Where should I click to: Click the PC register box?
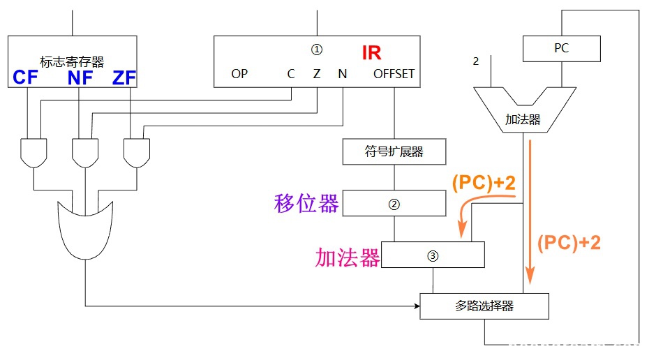tap(561, 48)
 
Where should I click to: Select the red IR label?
tap(371, 52)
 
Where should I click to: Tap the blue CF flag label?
tap(25, 77)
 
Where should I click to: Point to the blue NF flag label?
tap(80, 77)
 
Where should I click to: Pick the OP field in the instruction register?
tap(239, 73)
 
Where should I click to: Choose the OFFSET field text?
tap(394, 73)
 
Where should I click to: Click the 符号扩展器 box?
tap(394, 151)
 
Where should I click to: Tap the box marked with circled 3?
tap(433, 255)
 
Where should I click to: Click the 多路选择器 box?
tap(484, 306)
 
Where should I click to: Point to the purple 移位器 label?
tap(306, 204)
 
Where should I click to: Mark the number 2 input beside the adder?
tap(476, 61)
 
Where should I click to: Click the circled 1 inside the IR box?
tap(317, 50)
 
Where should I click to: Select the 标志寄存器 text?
tap(71, 62)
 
